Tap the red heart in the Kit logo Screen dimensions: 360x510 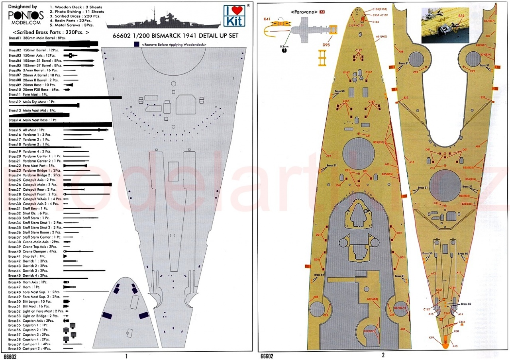coord(233,12)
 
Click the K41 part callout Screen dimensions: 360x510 coord(267,19)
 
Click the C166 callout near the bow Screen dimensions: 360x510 coord(375,22)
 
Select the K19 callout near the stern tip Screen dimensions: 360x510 coord(432,338)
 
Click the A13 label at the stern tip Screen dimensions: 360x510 coord(455,346)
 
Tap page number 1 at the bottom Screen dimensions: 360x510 coord(126,356)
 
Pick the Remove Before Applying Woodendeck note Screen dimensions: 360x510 coord(174,45)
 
